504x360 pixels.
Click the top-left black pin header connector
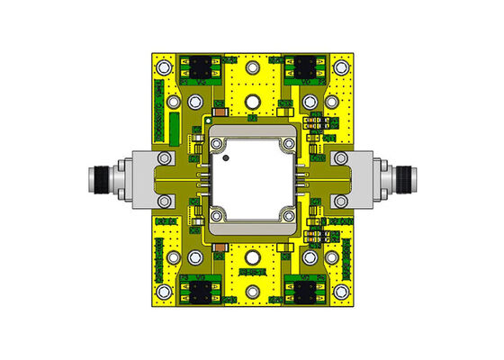tap(200, 66)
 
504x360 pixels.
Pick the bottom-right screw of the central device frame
tap(288, 215)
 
